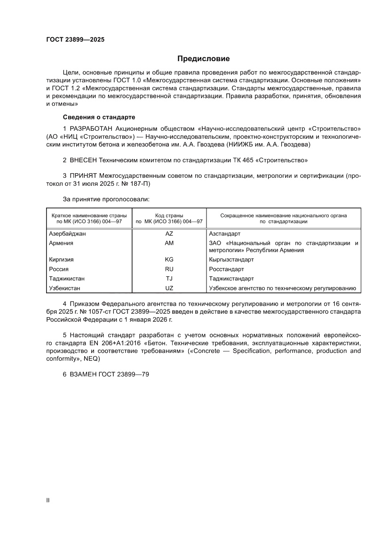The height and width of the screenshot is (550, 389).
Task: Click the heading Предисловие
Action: pos(203,59)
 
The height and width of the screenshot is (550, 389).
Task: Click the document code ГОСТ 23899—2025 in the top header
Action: pos(75,40)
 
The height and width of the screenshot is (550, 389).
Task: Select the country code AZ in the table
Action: pos(169,233)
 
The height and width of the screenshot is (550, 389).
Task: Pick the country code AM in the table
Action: pos(169,243)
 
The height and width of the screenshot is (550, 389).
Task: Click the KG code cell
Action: pos(169,259)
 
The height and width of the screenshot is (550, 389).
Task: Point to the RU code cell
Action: pos(169,269)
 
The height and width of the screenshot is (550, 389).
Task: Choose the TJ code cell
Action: pos(169,279)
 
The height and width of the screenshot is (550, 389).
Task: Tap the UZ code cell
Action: pos(169,288)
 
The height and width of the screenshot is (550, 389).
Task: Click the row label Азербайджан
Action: pos(68,233)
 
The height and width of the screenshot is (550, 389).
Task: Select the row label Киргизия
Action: pos(61,259)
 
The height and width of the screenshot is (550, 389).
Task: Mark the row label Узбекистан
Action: pos(64,288)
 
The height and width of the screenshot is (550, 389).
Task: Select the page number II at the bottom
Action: pos(48,500)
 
